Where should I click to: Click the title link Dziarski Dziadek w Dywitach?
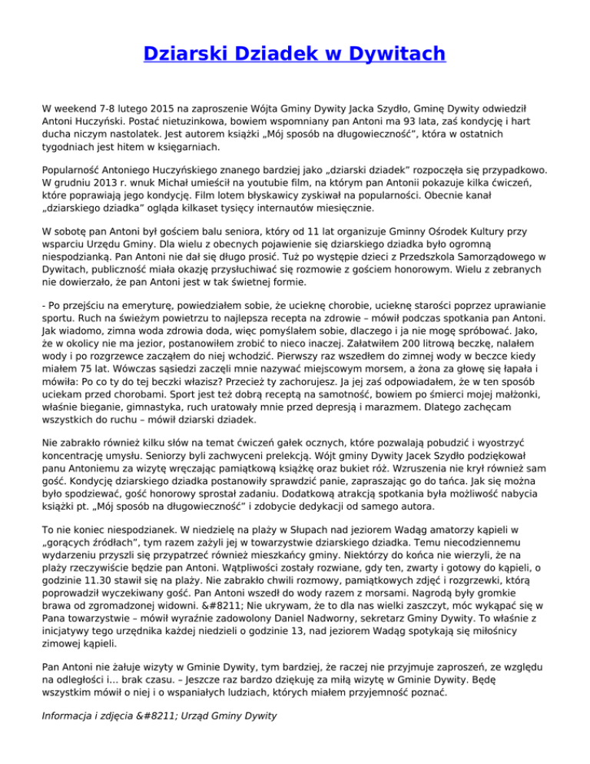(294, 54)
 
